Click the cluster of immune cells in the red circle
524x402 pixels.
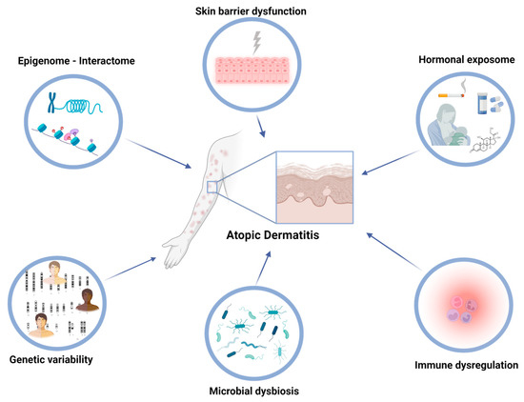pyautogui.click(x=461, y=311)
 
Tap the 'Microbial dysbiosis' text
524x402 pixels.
pyautogui.click(x=262, y=392)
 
